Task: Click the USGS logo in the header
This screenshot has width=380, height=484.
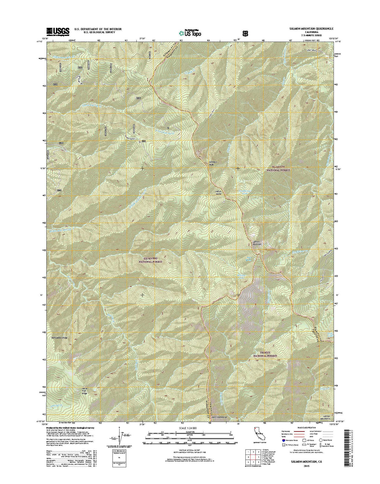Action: pyautogui.click(x=58, y=31)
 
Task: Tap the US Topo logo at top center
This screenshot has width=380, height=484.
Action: pyautogui.click(x=190, y=32)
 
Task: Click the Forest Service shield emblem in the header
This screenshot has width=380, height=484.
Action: pyautogui.click(x=245, y=33)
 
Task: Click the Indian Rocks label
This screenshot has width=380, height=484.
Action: pyautogui.click(x=218, y=192)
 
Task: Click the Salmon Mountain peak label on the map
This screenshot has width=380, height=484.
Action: pyautogui.click(x=257, y=243)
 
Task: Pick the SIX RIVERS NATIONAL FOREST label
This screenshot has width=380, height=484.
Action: pyautogui.click(x=150, y=260)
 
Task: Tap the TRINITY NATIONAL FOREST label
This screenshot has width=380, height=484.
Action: pyautogui.click(x=265, y=354)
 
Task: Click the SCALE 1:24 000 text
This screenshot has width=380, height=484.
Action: pyautogui.click(x=190, y=428)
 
